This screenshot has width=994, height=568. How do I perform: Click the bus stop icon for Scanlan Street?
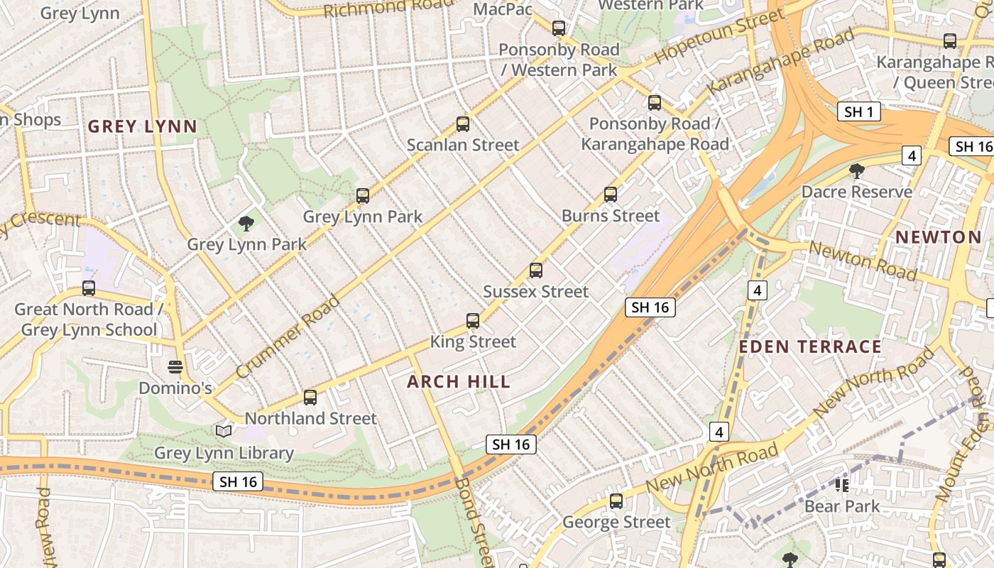[463, 124]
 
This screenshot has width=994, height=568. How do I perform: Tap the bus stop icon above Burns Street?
[610, 195]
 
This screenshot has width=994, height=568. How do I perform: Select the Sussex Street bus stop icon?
[536, 271]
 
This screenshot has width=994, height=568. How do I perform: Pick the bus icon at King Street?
[473, 321]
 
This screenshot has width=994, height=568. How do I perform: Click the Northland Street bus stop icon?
[310, 398]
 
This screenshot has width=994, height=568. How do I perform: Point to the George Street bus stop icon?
[616, 501]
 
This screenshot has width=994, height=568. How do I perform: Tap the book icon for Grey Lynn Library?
[224, 431]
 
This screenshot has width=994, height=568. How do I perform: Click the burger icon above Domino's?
[175, 367]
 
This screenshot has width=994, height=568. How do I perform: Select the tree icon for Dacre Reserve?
[857, 171]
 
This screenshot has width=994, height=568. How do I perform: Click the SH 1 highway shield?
[858, 111]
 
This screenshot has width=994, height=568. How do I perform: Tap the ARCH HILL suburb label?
[459, 382]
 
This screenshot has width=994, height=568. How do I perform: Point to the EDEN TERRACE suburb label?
[810, 347]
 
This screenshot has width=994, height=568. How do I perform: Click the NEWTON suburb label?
[938, 237]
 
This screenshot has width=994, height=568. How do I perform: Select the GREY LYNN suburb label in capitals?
[142, 127]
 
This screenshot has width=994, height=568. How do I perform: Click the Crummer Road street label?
[288, 337]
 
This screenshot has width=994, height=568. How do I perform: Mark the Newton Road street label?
[863, 261]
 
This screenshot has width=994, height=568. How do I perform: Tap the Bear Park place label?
[842, 507]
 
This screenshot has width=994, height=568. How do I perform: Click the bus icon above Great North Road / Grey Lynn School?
[89, 288]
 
